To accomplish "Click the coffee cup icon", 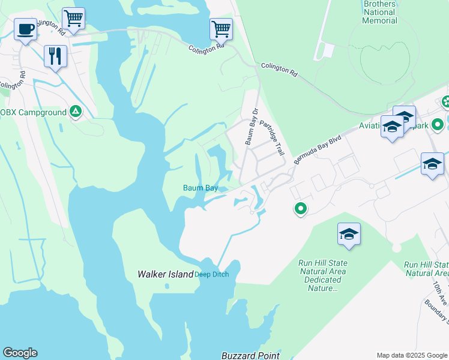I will (x=25, y=28).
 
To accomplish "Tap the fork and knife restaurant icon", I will (x=55, y=56).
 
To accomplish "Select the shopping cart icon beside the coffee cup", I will (x=73, y=18).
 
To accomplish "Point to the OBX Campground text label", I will (x=33, y=112).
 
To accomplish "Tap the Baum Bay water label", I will (x=200, y=188).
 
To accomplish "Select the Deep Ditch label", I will (x=212, y=275).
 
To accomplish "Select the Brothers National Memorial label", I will (x=379, y=12).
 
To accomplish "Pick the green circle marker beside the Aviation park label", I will (x=438, y=125).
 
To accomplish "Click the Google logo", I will (x=20, y=353).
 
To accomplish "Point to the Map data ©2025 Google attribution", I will (x=412, y=355).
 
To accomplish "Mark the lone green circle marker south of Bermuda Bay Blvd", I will (x=300, y=209).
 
